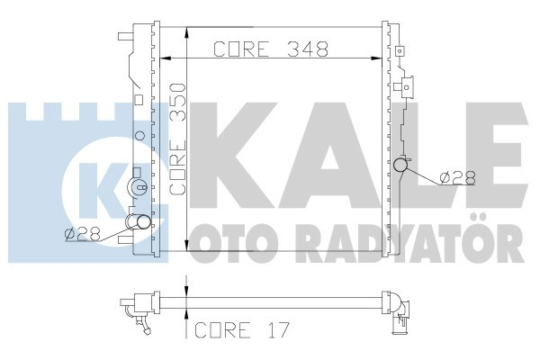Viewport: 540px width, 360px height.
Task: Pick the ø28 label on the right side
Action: (x=458, y=178)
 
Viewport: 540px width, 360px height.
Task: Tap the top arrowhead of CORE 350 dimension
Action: (x=185, y=32)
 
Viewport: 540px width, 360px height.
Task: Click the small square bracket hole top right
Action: (x=408, y=88)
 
